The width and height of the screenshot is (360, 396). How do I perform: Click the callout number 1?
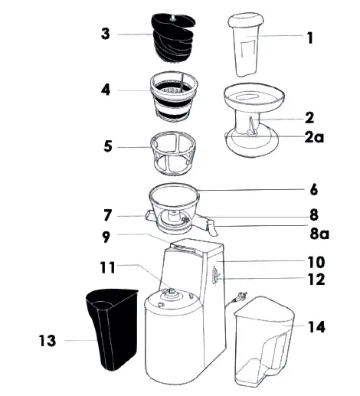[x=309, y=37]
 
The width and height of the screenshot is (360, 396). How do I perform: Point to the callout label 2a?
[x=314, y=139]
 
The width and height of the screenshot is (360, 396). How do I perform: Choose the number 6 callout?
[x=314, y=188]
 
